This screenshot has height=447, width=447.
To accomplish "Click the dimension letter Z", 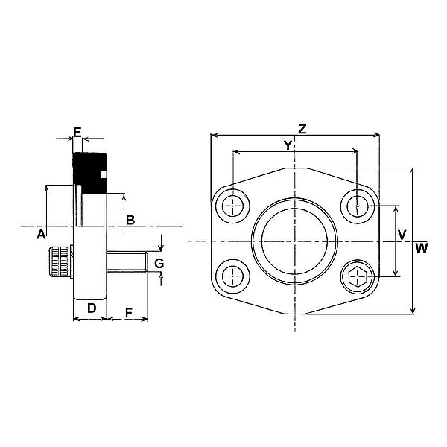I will (x=302, y=128).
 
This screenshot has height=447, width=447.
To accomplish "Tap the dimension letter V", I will (x=402, y=235).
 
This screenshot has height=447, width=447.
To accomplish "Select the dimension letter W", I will (x=422, y=248).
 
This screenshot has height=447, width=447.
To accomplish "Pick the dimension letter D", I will (x=90, y=308).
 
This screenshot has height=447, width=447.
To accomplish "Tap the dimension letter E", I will (x=77, y=132).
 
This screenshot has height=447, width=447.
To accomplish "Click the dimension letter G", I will (x=158, y=262).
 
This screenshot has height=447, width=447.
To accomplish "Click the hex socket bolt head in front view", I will (x=357, y=279).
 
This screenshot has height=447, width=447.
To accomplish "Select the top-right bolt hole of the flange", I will (x=359, y=203).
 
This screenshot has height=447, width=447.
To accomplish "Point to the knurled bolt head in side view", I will (x=62, y=262).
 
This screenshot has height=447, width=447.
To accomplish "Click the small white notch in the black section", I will (x=104, y=175).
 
